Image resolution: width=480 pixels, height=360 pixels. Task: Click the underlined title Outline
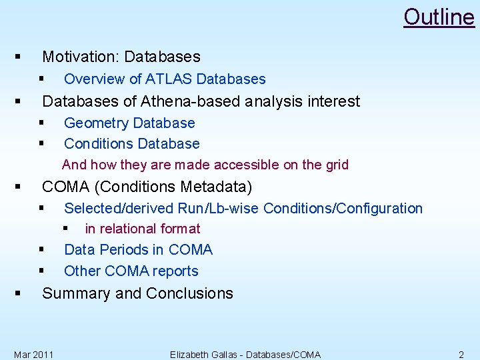tap(439, 17)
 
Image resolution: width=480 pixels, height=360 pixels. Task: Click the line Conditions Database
tap(131, 144)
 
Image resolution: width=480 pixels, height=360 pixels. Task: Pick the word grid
tap(335, 165)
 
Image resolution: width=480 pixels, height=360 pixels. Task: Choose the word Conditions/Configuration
tap(343, 209)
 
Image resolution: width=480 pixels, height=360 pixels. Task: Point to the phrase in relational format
tap(142, 229)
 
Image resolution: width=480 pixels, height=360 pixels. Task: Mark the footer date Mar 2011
tap(34, 354)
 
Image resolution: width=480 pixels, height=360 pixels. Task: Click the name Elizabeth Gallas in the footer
tap(206, 354)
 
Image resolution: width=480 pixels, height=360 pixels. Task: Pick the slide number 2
tap(461, 354)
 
